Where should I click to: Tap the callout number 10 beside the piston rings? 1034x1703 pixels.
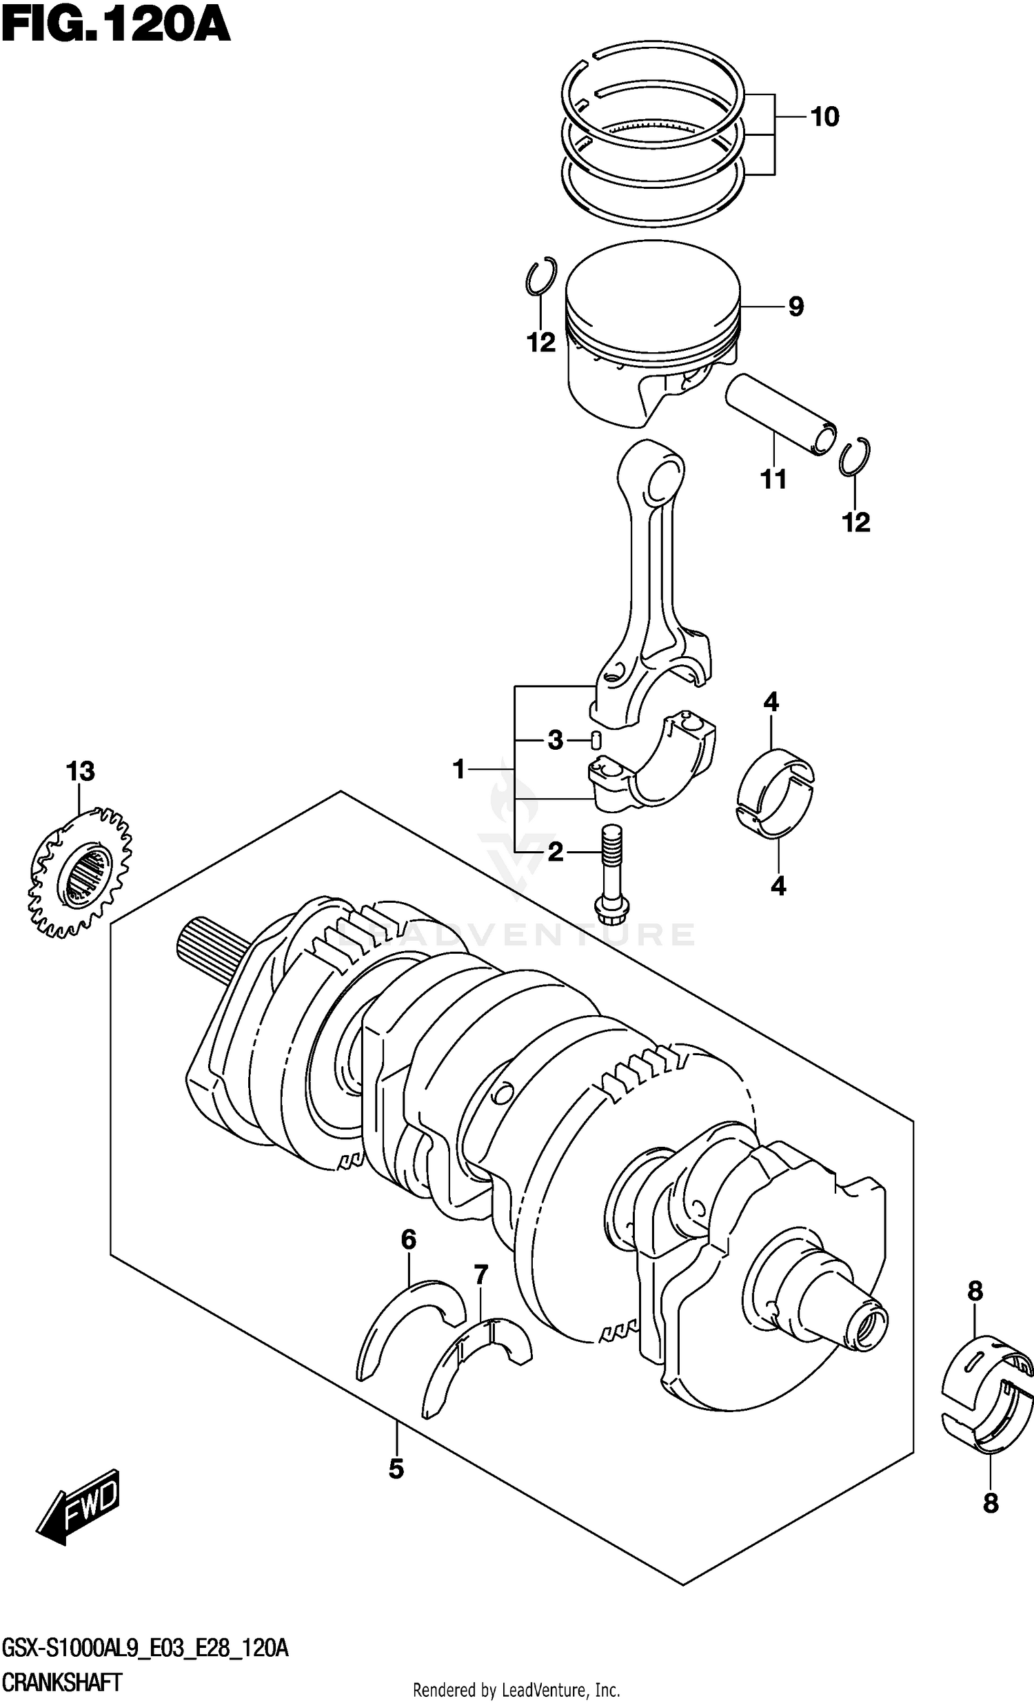[824, 116]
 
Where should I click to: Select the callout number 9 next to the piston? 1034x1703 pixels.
[795, 306]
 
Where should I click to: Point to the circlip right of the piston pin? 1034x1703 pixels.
[855, 458]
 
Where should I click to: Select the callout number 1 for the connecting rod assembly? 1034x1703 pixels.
[459, 768]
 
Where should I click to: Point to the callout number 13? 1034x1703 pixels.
[80, 771]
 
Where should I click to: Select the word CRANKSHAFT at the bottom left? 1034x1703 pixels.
[62, 1681]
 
